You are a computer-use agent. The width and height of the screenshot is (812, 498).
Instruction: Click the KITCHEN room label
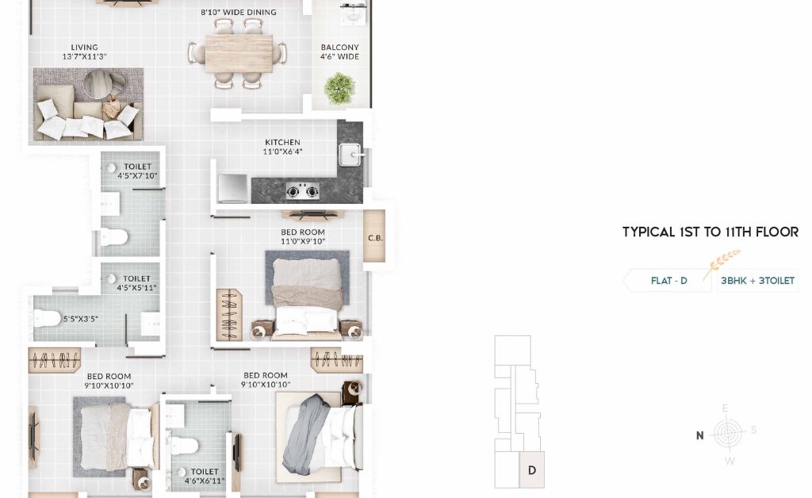[282, 143]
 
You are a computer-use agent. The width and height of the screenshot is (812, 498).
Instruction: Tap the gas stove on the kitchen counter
[302, 192]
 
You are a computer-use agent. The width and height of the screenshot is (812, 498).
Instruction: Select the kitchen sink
[350, 155]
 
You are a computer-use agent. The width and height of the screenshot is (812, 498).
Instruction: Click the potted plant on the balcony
[339, 88]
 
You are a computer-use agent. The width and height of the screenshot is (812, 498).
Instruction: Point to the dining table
[239, 53]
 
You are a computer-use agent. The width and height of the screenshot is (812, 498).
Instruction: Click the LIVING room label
[84, 47]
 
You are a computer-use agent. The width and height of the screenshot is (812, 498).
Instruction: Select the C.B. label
[375, 238]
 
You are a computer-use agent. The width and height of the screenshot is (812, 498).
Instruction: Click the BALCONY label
[339, 47]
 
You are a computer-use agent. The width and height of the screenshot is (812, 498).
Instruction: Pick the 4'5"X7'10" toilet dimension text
[137, 176]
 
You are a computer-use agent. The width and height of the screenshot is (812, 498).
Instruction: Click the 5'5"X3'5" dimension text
[80, 319]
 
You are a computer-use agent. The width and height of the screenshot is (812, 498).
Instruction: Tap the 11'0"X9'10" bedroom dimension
[303, 241]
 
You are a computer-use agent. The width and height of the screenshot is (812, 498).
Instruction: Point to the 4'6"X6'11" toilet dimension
[205, 481]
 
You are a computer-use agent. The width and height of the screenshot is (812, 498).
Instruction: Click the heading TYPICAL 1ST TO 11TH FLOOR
[710, 232]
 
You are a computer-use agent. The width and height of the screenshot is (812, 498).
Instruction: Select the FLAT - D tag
[668, 281]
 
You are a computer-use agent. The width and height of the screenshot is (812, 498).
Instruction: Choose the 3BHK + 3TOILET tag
[757, 281]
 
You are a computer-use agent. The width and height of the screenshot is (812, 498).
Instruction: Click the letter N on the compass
[699, 436]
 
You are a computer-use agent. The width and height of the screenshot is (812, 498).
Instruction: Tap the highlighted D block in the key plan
[531, 469]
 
